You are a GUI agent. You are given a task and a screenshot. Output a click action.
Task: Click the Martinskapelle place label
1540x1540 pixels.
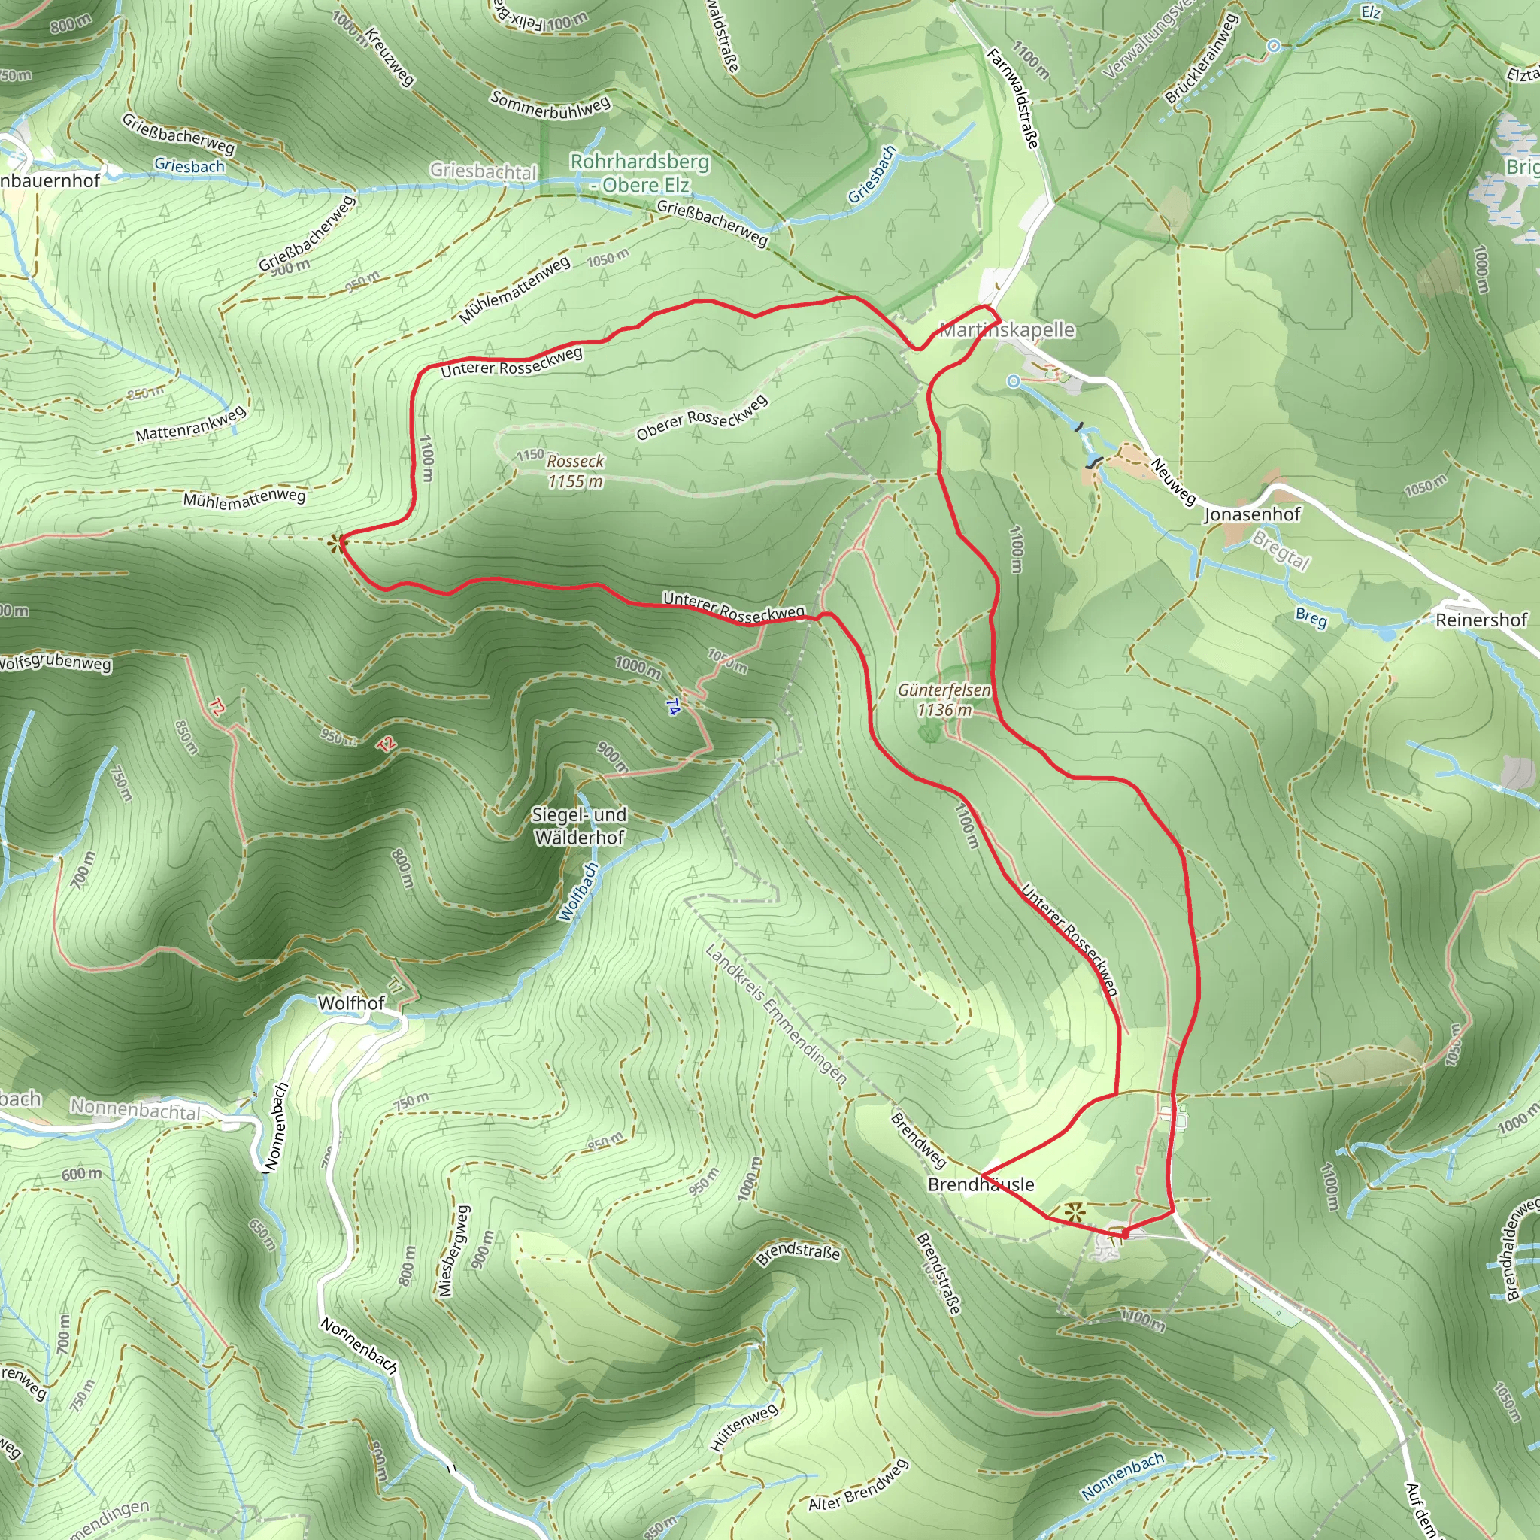tap(1007, 329)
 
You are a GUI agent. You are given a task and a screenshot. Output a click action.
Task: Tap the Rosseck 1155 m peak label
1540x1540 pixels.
tap(574, 471)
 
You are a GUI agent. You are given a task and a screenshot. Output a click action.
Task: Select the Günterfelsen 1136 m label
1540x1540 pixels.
tap(944, 700)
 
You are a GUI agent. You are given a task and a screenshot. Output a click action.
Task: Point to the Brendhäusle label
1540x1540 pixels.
tap(981, 1184)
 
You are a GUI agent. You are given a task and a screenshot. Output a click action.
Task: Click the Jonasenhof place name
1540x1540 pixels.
tap(1251, 514)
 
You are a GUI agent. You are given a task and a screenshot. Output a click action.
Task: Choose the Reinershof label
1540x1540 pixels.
tap(1481, 620)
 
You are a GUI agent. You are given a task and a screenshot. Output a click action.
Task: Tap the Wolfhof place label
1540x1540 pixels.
tap(350, 1003)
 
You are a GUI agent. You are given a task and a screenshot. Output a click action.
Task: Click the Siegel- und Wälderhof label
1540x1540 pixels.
tap(580, 826)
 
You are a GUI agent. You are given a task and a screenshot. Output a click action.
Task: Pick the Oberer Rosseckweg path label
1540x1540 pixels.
tap(702, 417)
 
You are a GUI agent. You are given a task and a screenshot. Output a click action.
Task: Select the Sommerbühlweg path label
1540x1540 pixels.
tap(550, 105)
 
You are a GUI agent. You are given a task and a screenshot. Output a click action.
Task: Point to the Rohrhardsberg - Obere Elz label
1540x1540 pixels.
tap(640, 173)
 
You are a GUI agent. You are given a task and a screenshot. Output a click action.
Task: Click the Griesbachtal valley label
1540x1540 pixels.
tap(483, 171)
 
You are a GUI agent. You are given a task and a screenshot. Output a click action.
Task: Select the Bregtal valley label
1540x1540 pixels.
tap(1281, 550)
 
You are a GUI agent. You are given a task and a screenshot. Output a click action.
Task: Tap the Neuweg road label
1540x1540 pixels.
tap(1173, 480)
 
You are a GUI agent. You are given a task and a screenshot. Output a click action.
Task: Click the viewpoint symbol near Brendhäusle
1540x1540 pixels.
tap(1075, 1212)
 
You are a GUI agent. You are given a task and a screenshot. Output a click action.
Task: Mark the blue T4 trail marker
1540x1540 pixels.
tap(673, 706)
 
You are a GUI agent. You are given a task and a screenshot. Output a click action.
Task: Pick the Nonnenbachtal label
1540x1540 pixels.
tap(135, 1109)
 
